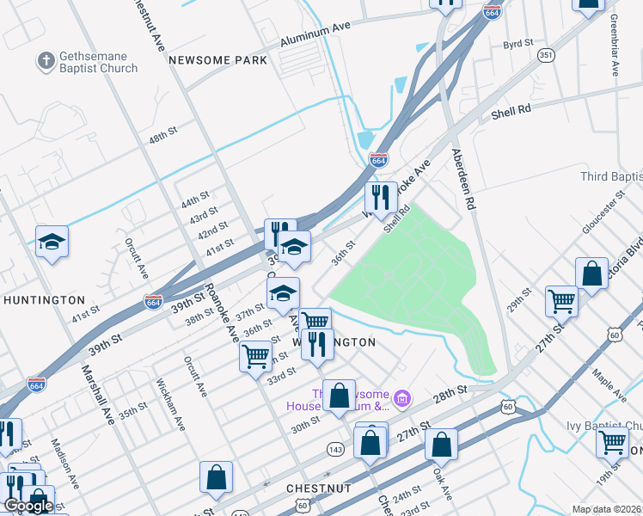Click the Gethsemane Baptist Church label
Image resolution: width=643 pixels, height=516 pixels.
[x=98, y=63]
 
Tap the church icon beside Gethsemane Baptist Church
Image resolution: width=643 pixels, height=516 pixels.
[x=46, y=62]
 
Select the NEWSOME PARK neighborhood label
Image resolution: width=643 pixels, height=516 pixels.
[x=218, y=60]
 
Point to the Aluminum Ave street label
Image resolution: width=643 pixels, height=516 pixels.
[x=315, y=34]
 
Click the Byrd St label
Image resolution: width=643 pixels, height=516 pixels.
[x=518, y=43]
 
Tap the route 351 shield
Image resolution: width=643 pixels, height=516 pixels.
[x=546, y=55]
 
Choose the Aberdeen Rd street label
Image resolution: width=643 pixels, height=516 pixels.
[x=463, y=178]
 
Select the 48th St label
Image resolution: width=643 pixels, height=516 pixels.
[x=162, y=136]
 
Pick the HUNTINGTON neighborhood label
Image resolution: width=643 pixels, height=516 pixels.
[x=44, y=300]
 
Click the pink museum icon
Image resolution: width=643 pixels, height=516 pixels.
[x=401, y=398]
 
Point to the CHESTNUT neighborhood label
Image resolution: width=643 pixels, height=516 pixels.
[x=319, y=488]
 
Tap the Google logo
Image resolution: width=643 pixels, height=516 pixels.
[x=28, y=506]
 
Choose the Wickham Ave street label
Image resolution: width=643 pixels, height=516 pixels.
[x=170, y=405]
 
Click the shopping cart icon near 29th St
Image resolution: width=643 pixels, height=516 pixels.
[x=561, y=302]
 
